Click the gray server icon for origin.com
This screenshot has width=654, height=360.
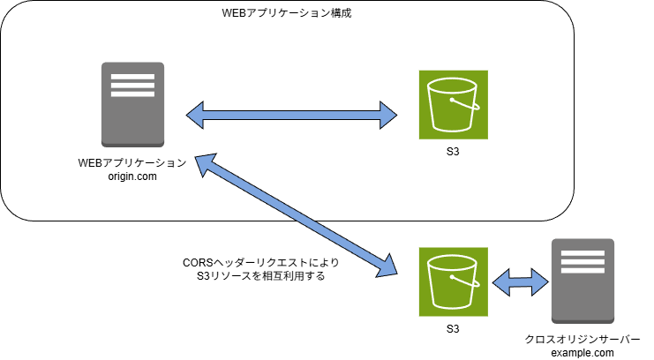coord(132,103)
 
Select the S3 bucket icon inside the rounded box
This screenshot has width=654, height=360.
coord(451,104)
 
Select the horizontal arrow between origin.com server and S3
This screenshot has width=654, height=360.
coord(292,112)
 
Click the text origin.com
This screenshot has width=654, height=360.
coord(132,176)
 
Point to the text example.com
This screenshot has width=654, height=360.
coord(582,353)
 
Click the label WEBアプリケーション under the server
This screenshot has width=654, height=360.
coord(132,163)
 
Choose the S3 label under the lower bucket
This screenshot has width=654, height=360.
coord(452,328)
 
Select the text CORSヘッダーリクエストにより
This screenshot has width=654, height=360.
coord(260,263)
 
